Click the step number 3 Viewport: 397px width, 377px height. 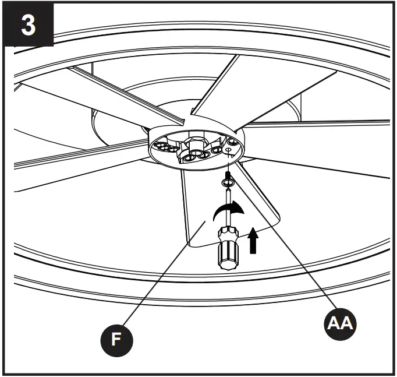point(28,26)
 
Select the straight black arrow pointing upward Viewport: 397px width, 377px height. point(253,241)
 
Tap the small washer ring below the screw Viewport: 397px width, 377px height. point(228,184)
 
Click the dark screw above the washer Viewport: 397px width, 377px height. point(228,174)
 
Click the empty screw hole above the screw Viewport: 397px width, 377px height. point(231,150)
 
